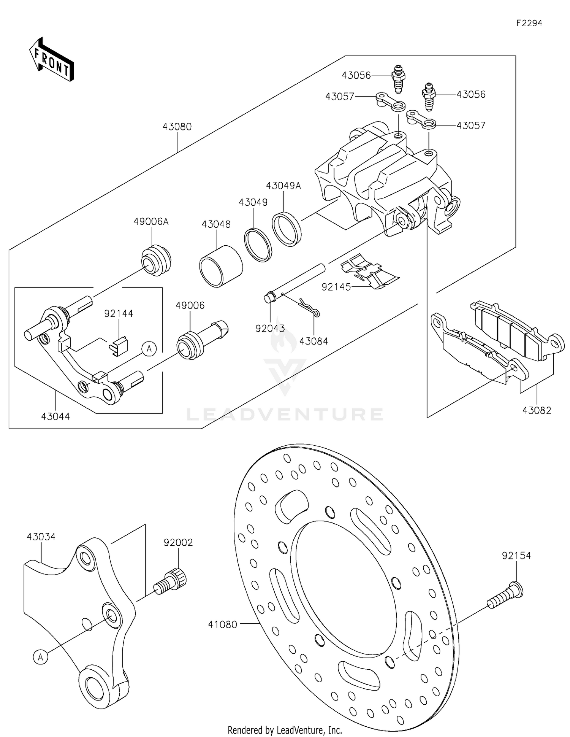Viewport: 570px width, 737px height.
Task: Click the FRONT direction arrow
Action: coord(52,60)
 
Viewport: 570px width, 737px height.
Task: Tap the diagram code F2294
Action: coord(529,23)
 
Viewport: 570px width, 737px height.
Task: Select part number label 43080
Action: coord(177,127)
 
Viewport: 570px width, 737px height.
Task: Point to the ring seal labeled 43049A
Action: coord(287,230)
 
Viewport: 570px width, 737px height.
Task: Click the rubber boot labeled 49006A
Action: coord(156,260)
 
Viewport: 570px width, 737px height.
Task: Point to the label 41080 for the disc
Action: coord(223,624)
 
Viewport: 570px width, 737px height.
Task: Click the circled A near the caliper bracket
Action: coord(149,348)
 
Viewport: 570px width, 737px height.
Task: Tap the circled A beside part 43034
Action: coord(41,656)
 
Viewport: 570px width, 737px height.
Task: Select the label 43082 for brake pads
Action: coord(537,410)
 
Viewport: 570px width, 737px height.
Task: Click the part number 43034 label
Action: coord(41,537)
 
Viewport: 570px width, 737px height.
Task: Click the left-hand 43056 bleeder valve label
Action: coord(356,75)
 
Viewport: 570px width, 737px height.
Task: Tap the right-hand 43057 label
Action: coord(471,125)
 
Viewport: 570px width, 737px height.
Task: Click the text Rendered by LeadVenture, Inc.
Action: coord(285,730)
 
